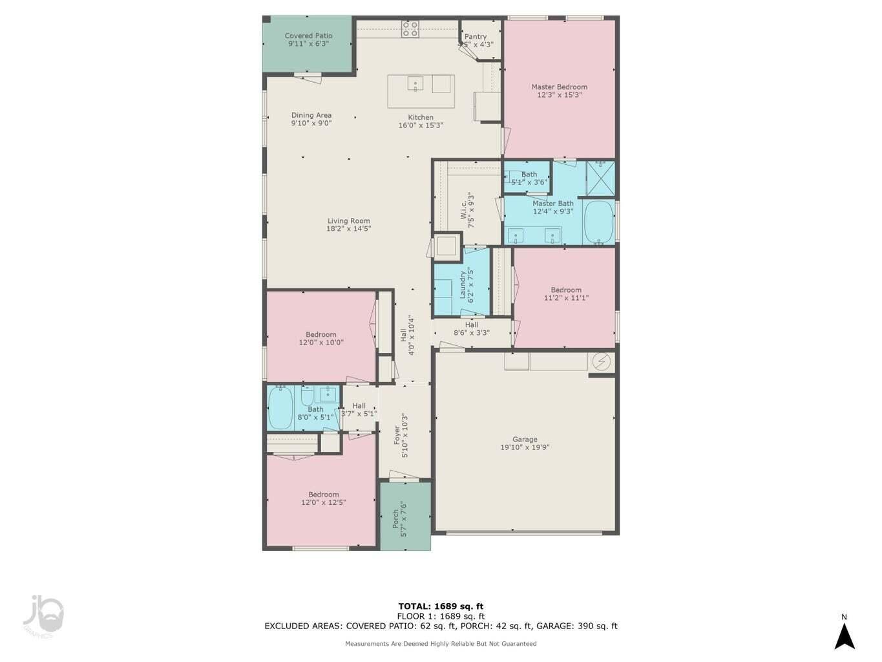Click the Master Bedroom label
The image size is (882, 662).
point(559,87)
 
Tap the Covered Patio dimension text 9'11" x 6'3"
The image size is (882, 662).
point(308,44)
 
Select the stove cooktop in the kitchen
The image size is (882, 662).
point(410,28)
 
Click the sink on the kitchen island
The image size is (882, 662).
point(415,84)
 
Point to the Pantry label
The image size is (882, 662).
point(476,37)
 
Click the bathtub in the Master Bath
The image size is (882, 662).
point(598,222)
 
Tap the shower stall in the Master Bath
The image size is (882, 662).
point(600,178)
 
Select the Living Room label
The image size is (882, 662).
point(348,220)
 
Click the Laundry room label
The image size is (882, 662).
point(463,284)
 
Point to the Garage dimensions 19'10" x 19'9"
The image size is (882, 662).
point(525,447)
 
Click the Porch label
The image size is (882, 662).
point(395,519)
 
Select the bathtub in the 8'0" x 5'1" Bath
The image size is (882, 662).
point(280,408)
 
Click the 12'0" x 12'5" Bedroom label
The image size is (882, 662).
point(323,495)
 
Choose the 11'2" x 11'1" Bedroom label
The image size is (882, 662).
point(566,290)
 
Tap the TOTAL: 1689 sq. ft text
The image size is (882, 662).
point(441,606)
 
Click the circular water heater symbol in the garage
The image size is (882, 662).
point(601,361)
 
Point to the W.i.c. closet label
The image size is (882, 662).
point(464,210)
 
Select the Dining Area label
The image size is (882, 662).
point(311,115)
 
